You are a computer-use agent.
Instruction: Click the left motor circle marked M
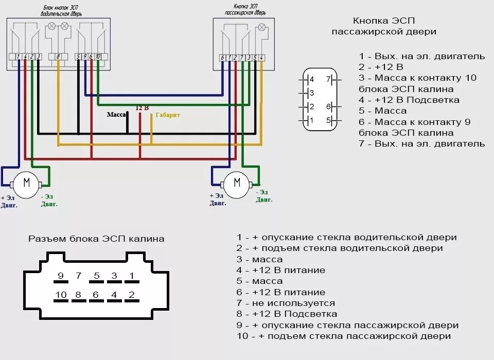tap(27, 182)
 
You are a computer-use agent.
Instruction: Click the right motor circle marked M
tap(237, 183)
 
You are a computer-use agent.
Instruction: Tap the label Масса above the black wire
tap(116, 115)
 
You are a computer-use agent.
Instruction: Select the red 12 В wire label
tap(142, 108)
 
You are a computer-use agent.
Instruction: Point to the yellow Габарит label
tap(167, 115)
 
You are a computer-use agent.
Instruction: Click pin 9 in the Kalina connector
tap(61, 276)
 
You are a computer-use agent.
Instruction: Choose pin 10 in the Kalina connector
tap(61, 295)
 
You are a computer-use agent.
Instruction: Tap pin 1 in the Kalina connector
tap(131, 276)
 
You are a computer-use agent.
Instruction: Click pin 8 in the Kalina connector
tap(78, 295)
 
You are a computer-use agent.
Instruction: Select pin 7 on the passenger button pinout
tap(328, 80)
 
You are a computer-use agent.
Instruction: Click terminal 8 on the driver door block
tap(58, 57)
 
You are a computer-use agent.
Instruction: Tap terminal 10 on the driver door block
tap(97, 57)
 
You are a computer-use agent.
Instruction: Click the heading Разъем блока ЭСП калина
tap(96, 239)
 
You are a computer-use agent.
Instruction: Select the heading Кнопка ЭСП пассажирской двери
tap(383, 26)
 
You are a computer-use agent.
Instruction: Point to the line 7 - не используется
tap(286, 303)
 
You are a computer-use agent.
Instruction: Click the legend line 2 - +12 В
tap(381, 67)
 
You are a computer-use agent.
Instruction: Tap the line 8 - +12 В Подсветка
tap(287, 314)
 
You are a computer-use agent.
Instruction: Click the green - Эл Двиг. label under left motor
tap(49, 200)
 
